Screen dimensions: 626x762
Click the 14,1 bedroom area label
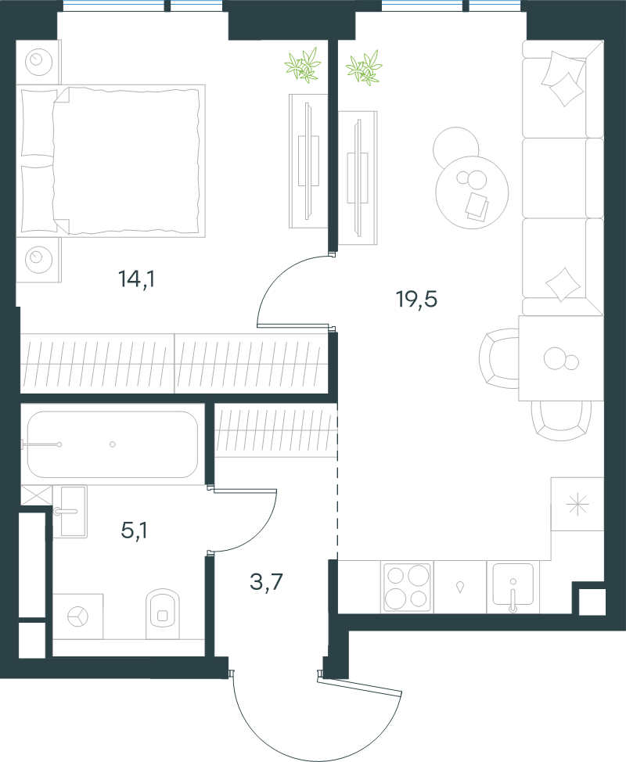pyautogui.click(x=137, y=279)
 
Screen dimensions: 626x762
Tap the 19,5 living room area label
pyautogui.click(x=417, y=299)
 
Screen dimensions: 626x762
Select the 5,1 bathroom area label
pyautogui.click(x=134, y=530)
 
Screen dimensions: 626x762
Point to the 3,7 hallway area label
pyautogui.click(x=266, y=581)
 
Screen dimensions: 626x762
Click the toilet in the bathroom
pyautogui.click(x=163, y=614)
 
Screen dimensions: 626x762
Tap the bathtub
pyautogui.click(x=112, y=444)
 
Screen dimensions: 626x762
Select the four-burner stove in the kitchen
pyautogui.click(x=408, y=587)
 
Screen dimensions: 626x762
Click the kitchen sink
pyautogui.click(x=513, y=587)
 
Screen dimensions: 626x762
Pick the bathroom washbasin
pyautogui.click(x=70, y=511)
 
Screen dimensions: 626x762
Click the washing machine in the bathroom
pyautogui.click(x=77, y=616)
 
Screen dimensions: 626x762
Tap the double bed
pyautogui.click(x=111, y=161)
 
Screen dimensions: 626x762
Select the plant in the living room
pyautogui.click(x=365, y=67)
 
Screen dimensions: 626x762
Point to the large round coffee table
pyautogui.click(x=472, y=192)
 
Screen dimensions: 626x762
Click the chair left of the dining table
pyautogui.click(x=499, y=358)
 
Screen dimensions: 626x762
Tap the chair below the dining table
pyautogui.click(x=561, y=420)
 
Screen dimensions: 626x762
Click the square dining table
pyautogui.click(x=561, y=358)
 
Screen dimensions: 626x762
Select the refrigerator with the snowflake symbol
pyautogui.click(x=577, y=504)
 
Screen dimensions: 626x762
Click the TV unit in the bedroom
pyautogui.click(x=308, y=161)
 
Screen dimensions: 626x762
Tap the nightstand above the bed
pyautogui.click(x=38, y=62)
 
